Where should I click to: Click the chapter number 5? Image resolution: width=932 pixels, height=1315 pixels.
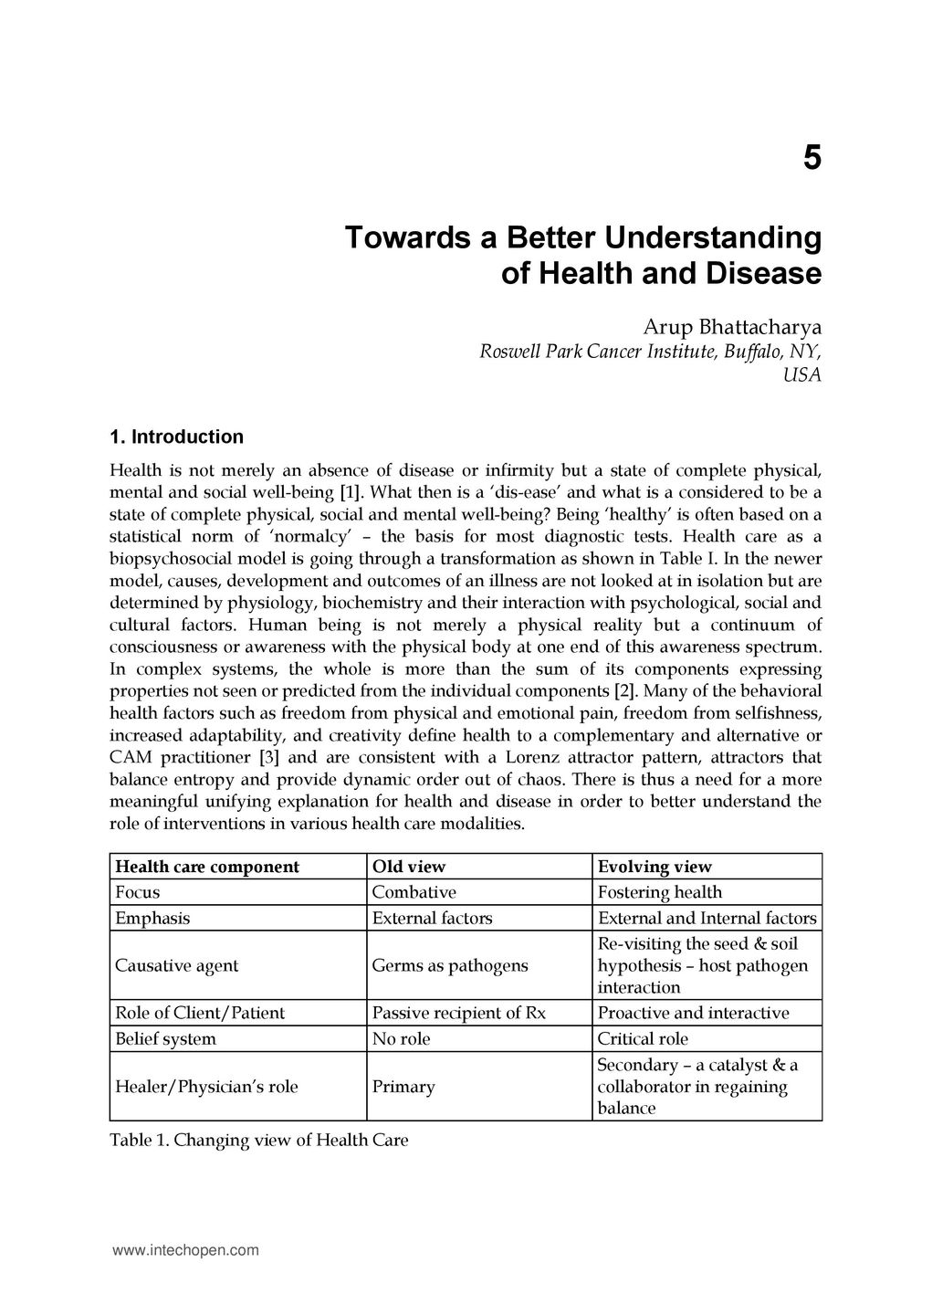point(812,158)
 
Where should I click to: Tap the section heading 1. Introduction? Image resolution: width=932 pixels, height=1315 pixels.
point(176,437)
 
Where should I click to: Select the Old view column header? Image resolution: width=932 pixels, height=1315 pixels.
point(409,867)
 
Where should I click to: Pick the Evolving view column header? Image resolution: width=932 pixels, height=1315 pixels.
point(654,867)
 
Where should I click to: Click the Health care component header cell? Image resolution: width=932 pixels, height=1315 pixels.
point(207,867)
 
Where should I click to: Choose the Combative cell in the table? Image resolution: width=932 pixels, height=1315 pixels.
point(414,892)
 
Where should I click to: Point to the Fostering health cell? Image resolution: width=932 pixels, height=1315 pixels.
point(659,892)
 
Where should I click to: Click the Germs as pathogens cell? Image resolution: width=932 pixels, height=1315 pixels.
point(450,965)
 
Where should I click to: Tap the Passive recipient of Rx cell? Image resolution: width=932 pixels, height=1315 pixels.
point(459,1013)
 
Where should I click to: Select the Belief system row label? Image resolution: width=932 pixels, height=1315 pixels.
point(165,1038)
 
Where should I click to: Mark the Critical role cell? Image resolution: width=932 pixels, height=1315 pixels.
point(643,1038)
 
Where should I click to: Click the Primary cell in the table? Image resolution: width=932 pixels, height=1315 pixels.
point(403,1087)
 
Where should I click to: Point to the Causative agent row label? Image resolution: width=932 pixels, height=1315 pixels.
point(176,965)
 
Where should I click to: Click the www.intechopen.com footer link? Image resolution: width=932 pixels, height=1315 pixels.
point(185,1251)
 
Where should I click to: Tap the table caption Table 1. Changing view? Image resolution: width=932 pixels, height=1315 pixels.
point(258,1140)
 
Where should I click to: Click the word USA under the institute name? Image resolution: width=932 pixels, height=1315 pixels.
point(802,374)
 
